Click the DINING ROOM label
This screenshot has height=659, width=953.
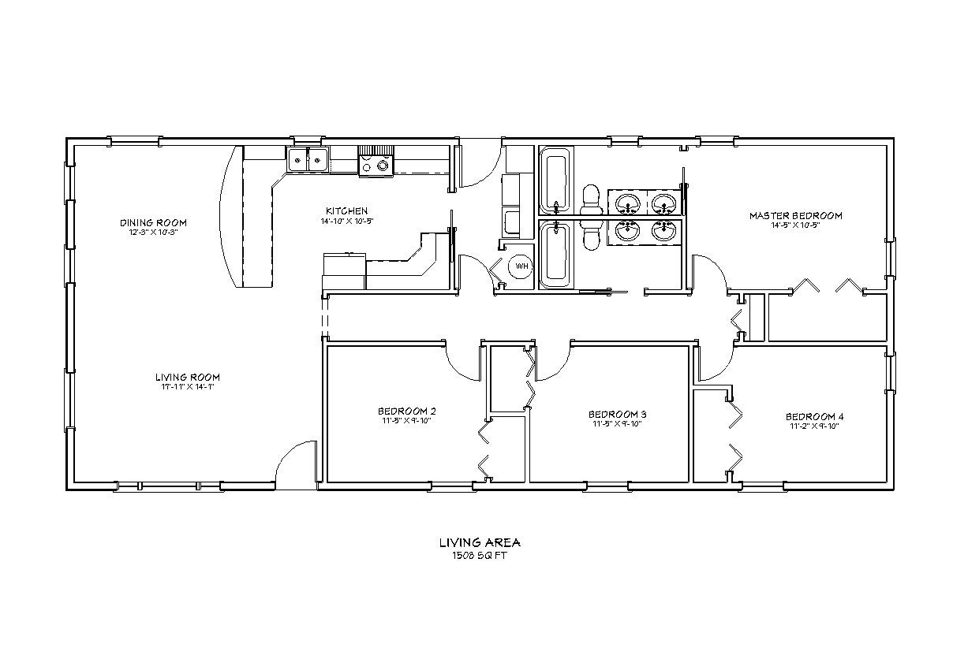(x=153, y=222)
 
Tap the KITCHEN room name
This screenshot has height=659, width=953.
(x=346, y=210)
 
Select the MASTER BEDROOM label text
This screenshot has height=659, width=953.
(x=795, y=215)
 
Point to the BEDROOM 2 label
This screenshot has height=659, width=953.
(x=406, y=411)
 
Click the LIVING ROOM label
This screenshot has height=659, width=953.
(x=187, y=377)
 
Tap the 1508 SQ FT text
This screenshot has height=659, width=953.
(x=479, y=555)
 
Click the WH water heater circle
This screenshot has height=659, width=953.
(x=521, y=267)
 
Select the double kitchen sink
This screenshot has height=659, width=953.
(x=308, y=160)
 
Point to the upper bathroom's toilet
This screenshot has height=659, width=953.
(x=590, y=200)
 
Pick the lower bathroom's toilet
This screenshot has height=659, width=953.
(x=590, y=234)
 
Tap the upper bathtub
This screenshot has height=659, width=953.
(x=555, y=181)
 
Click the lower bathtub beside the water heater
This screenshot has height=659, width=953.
(x=555, y=254)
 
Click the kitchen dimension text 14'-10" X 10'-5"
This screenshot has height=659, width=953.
(x=346, y=221)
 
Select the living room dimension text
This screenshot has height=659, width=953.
(x=187, y=387)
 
